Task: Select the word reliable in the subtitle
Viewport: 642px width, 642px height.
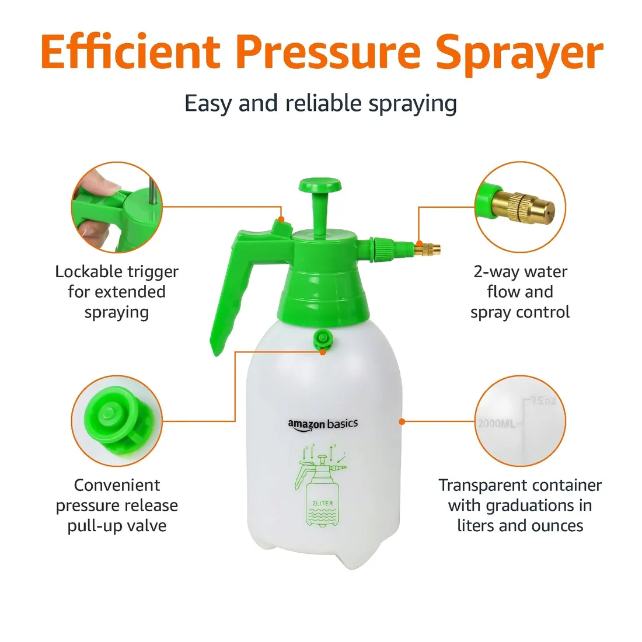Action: (x=323, y=103)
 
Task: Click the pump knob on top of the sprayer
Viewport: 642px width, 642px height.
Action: (x=320, y=185)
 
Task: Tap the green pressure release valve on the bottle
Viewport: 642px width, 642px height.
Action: (x=323, y=340)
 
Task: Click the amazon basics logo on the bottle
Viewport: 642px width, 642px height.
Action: (x=323, y=424)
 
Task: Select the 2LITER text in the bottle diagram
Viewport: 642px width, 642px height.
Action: (x=323, y=503)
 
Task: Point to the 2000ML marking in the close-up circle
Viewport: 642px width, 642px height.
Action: (x=496, y=423)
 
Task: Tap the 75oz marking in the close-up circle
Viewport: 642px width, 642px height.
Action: (x=544, y=400)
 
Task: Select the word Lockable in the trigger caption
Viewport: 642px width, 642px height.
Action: (x=89, y=272)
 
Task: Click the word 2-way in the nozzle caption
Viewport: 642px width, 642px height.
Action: (x=496, y=273)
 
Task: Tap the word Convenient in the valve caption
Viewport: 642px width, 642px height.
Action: (x=117, y=485)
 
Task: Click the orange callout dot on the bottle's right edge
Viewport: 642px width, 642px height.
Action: (x=402, y=421)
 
